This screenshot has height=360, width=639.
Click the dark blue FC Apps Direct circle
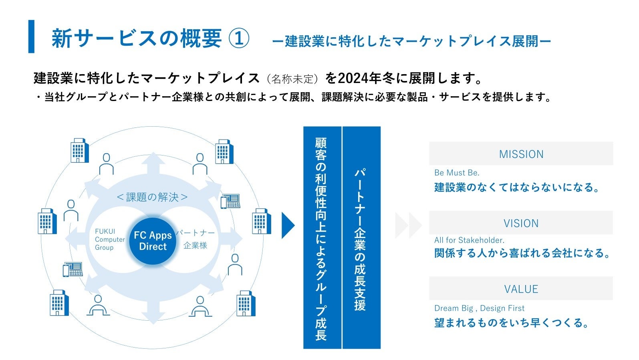(153, 241)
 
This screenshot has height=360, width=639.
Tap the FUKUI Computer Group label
(109, 239)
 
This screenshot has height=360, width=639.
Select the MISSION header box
(521, 154)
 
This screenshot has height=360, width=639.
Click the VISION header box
(521, 223)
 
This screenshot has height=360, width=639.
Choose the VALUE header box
(521, 289)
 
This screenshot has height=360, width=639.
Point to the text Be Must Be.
(457, 173)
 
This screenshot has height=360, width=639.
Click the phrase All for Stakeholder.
(469, 240)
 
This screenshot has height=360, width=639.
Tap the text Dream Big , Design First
(479, 308)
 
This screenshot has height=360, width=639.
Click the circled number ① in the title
(239, 38)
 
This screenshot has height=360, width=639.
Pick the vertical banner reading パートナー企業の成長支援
(360, 238)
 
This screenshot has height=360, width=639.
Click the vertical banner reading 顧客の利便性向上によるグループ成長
(321, 238)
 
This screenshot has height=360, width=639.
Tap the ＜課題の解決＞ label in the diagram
(152, 197)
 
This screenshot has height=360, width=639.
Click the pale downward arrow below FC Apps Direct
(153, 313)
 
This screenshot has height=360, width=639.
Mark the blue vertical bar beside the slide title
(31, 36)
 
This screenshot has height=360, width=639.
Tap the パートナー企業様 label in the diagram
(195, 239)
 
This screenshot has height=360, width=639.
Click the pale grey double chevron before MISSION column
(408, 225)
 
